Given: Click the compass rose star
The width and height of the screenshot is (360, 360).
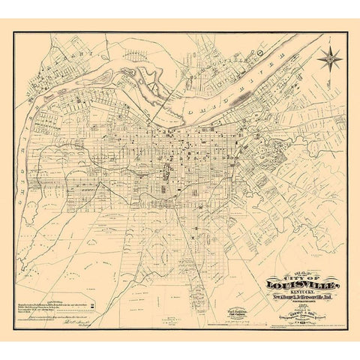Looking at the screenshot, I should point(329,58).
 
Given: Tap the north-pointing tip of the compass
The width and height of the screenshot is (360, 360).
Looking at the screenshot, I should point(329,46).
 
